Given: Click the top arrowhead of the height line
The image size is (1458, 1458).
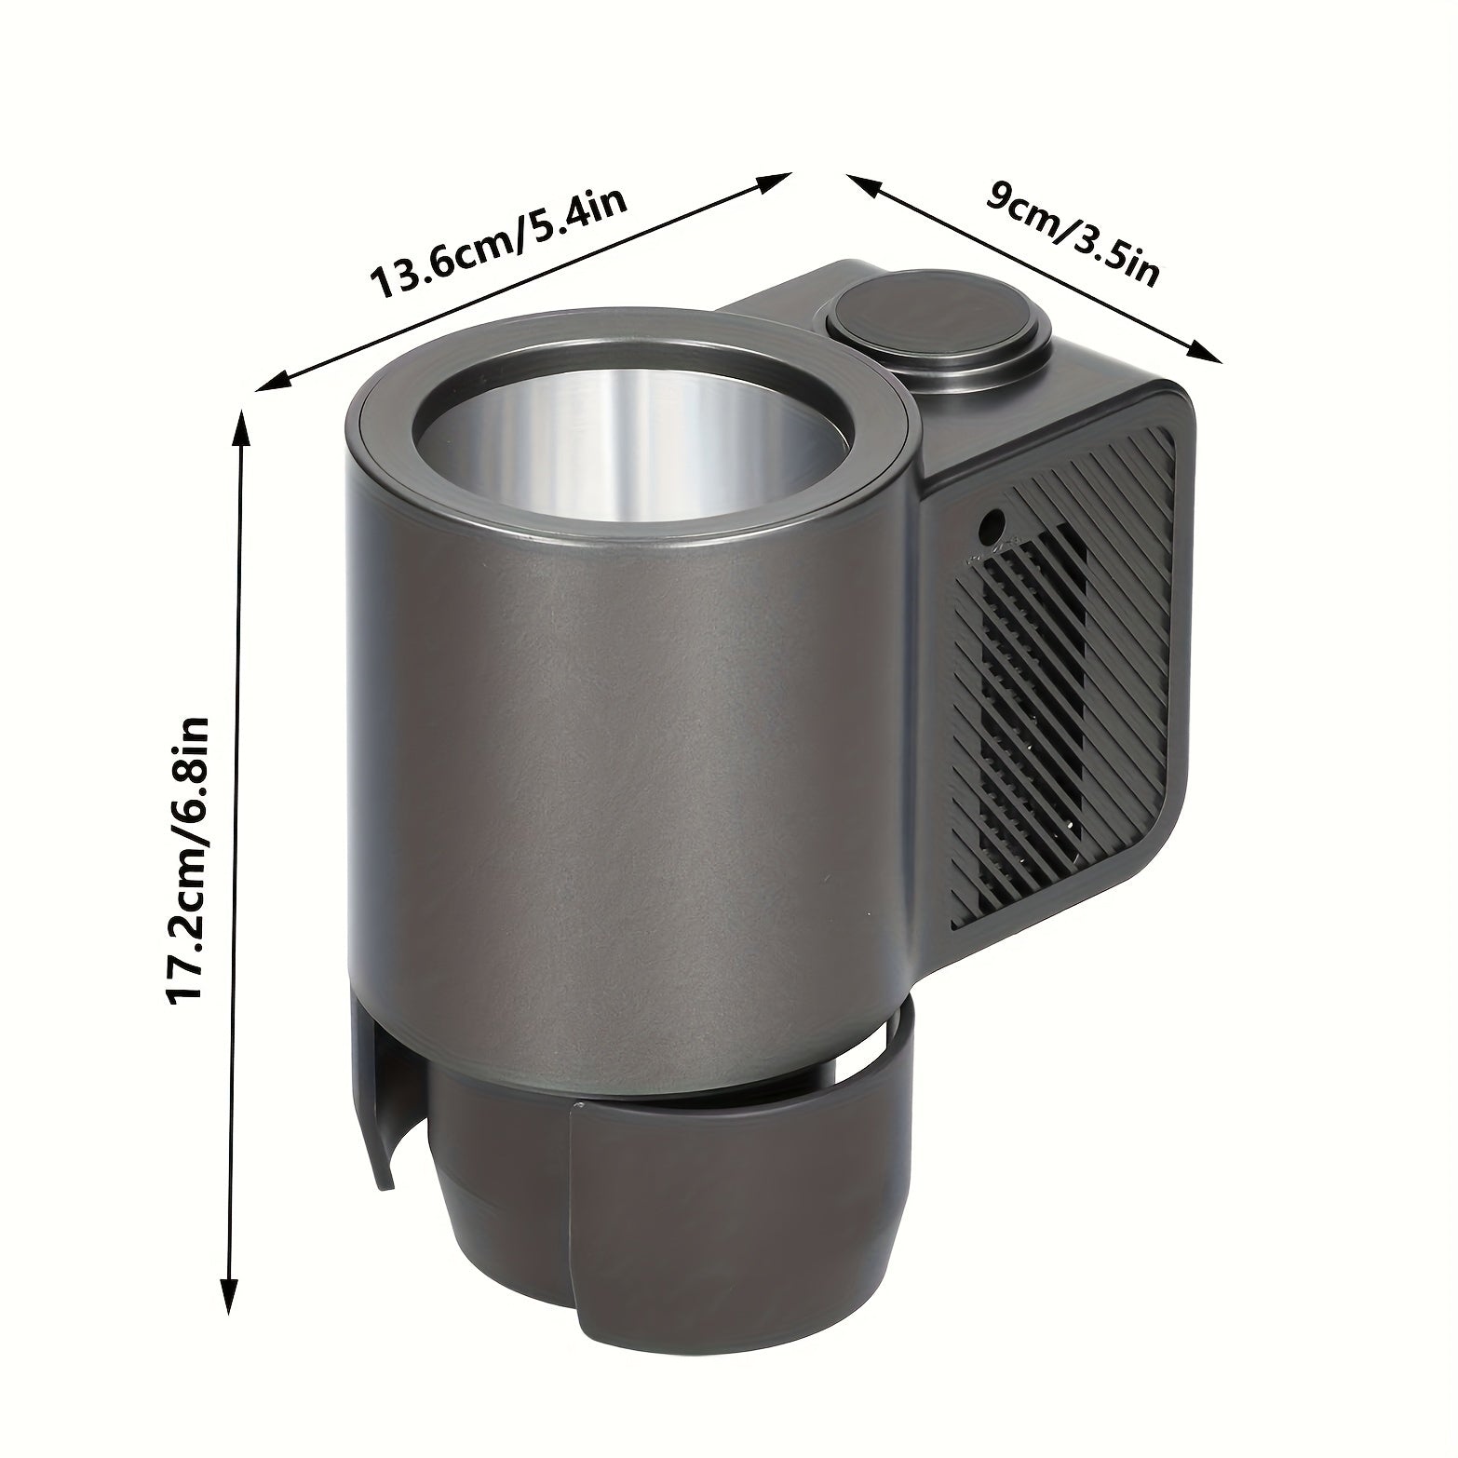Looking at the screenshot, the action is [242, 426].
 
